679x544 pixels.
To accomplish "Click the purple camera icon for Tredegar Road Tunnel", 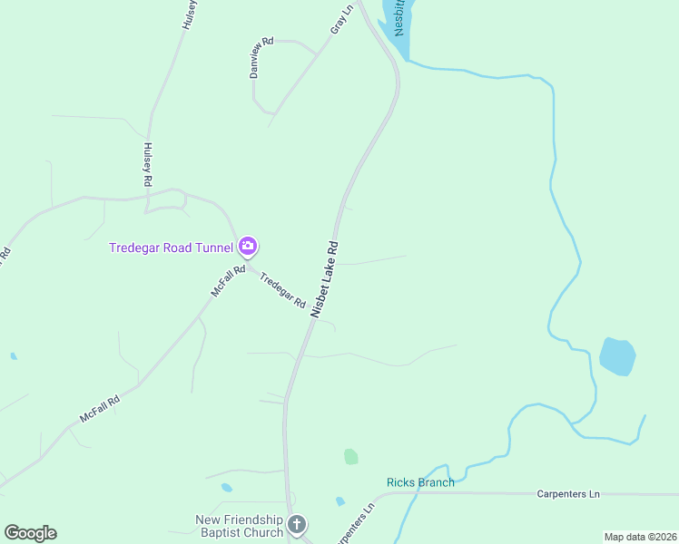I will (248, 247).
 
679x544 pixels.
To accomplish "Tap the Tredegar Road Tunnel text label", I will (172, 248).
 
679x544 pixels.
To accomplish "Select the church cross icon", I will (296, 525).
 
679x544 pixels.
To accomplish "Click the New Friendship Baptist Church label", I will (240, 526).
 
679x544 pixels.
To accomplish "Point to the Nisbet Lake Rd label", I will (324, 278).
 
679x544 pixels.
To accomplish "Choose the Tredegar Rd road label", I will (282, 290).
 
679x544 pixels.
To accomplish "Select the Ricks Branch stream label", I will (420, 482).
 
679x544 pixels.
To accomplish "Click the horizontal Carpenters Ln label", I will (568, 494).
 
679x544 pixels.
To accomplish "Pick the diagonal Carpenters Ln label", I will (355, 525).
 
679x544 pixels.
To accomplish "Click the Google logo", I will (30, 533).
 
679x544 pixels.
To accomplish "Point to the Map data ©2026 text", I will (640, 537).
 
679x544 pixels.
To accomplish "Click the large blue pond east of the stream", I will (617, 356).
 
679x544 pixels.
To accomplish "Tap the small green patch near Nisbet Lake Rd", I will (350, 457).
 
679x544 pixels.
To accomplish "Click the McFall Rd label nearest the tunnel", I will (228, 281).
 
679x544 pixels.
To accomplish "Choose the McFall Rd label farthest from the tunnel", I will (100, 410).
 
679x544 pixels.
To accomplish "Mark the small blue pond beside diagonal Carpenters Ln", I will (339, 501).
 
